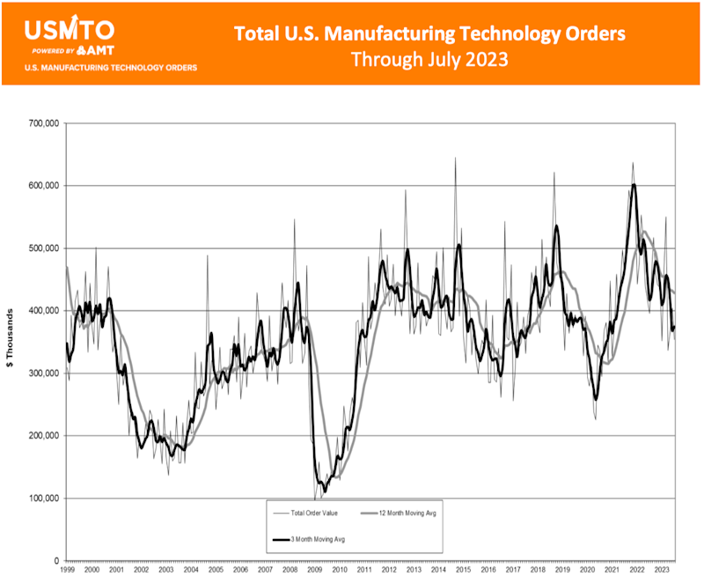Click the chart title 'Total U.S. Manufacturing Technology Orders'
(429, 33)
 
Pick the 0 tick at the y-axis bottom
(55, 561)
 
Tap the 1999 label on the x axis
(67, 571)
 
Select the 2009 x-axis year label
(314, 571)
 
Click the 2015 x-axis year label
(463, 571)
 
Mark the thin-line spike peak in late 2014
(455, 159)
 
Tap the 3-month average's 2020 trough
(596, 400)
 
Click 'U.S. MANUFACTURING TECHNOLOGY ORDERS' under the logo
(110, 68)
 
